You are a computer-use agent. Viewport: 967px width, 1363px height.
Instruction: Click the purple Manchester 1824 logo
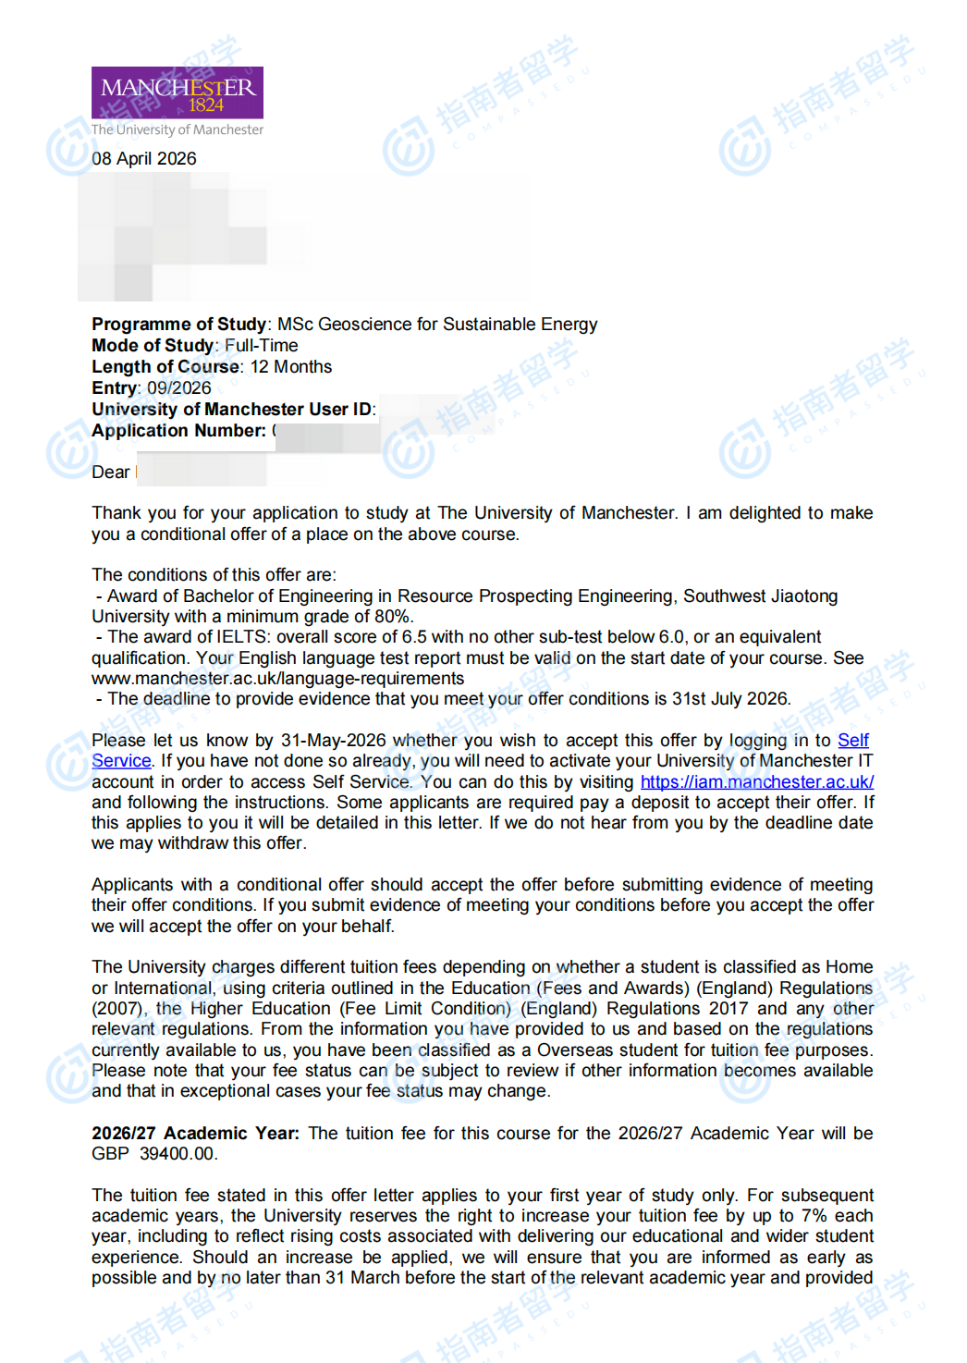(x=177, y=92)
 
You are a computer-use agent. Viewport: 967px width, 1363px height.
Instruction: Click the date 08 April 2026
(x=144, y=159)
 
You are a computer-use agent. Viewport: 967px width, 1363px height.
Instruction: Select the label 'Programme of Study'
(x=178, y=325)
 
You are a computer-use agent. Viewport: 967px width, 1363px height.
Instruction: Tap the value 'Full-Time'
(x=262, y=346)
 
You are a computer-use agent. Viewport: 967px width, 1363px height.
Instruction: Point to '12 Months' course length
(x=291, y=367)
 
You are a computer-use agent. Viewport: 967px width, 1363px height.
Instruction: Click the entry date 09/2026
(x=179, y=388)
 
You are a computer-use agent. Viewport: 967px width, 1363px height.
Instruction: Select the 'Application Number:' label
(x=178, y=431)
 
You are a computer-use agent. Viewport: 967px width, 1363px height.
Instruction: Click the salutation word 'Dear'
(x=111, y=473)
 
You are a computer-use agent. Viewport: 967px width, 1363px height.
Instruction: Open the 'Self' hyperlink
(x=852, y=741)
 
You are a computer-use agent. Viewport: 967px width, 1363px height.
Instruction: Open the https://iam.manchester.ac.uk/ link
(x=756, y=782)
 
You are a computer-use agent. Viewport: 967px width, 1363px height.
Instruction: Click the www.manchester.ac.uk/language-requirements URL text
(x=277, y=679)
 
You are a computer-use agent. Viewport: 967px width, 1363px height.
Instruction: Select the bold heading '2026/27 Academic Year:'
(x=195, y=1134)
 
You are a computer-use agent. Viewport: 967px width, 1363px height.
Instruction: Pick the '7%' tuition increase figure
(x=814, y=1216)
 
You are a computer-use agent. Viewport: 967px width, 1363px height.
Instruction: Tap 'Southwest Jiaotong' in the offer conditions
(x=760, y=596)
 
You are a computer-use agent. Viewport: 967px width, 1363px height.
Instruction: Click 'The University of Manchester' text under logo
(x=177, y=130)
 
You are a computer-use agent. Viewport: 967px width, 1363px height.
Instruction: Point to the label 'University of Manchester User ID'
(x=231, y=410)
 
